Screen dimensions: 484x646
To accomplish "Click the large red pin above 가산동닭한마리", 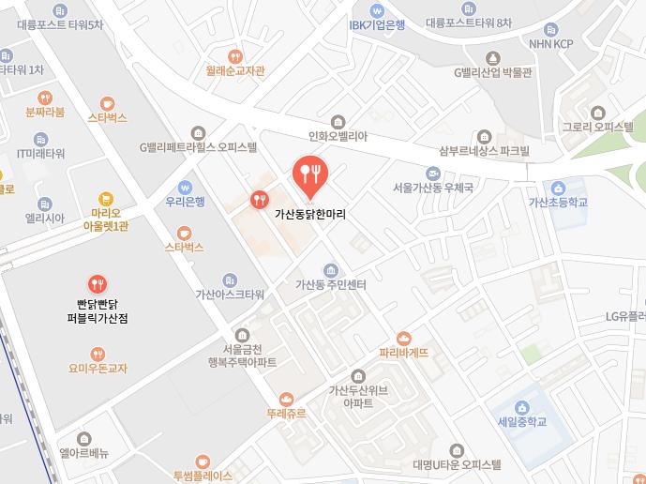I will [x=310, y=173].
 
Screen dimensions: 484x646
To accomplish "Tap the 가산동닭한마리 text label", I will [x=310, y=214].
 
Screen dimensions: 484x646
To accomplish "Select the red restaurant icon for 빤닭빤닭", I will [x=98, y=283].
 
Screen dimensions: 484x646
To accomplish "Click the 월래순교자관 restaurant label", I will [x=235, y=70].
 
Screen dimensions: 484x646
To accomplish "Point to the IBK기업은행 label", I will [x=377, y=25].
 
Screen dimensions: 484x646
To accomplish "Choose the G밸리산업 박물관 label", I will [x=492, y=72].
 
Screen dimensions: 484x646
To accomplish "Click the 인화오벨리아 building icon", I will [x=338, y=120].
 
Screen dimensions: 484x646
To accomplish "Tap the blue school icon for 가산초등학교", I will [x=558, y=188].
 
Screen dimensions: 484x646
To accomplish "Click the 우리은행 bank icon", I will [x=185, y=187].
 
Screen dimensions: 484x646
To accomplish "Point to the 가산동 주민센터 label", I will [x=329, y=284].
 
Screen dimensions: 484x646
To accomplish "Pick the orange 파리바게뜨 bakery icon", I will [x=404, y=338].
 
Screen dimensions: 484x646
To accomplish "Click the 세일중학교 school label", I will [x=522, y=421].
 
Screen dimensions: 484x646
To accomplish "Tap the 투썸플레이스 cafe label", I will [x=203, y=476].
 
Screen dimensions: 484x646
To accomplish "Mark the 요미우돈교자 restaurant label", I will [x=98, y=369].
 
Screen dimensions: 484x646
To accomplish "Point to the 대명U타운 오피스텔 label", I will [x=457, y=464].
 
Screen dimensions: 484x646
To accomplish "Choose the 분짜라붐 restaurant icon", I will [x=45, y=98].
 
